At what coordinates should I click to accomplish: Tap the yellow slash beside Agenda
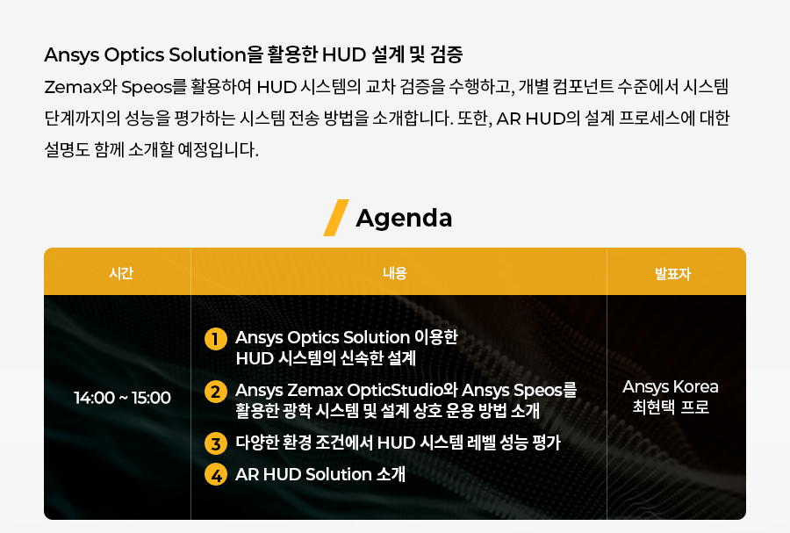[x=336, y=218]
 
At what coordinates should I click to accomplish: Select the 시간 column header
[x=121, y=273]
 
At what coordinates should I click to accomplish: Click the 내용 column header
[x=394, y=273]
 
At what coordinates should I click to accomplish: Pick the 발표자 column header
[x=672, y=274]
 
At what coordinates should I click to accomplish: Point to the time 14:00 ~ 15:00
[x=122, y=398]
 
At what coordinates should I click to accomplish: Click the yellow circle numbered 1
[x=216, y=339]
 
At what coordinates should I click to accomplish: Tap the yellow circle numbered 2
[x=216, y=392]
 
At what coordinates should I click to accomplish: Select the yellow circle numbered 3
[x=216, y=443]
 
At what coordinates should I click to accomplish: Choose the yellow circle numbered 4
[x=216, y=475]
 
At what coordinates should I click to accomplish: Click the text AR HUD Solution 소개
[x=320, y=474]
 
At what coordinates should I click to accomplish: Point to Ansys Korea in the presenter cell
[x=671, y=387]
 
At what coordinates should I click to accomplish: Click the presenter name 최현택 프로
[x=671, y=407]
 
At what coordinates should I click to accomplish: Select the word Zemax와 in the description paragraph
[x=81, y=87]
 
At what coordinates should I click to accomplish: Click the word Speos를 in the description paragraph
[x=154, y=87]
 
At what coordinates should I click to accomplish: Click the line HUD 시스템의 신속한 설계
[x=326, y=358]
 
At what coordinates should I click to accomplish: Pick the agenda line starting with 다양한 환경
[x=398, y=443]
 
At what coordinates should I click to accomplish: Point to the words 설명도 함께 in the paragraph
[x=84, y=149]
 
